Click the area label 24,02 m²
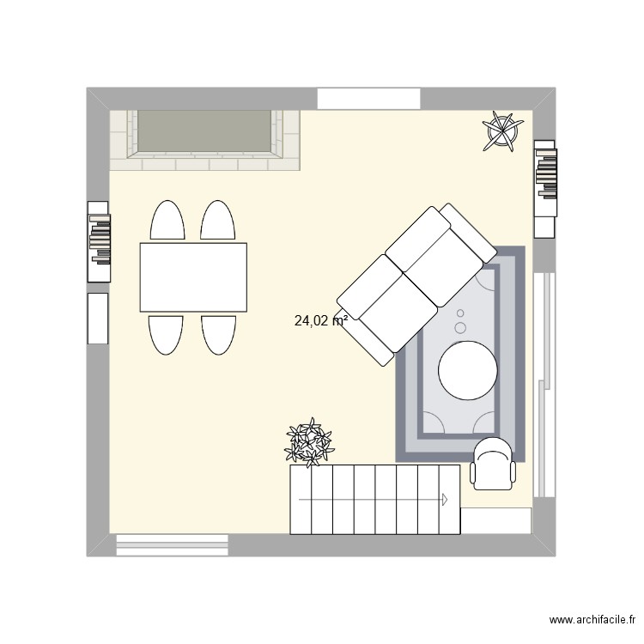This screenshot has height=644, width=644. pyautogui.click(x=319, y=322)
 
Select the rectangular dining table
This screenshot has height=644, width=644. pyautogui.click(x=193, y=277)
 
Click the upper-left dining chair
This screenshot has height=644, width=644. pyautogui.click(x=167, y=221)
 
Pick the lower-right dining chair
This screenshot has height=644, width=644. pyautogui.click(x=218, y=334)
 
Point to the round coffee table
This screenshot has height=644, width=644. pyautogui.click(x=467, y=371)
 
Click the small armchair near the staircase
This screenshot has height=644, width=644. pyautogui.click(x=494, y=464)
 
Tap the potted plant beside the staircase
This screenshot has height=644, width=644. pyautogui.click(x=309, y=443)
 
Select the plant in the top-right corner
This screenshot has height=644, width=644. pyautogui.click(x=501, y=131)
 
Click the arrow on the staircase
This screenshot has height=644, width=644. pyautogui.click(x=445, y=498)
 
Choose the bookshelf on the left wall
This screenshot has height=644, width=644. pyautogui.click(x=99, y=241)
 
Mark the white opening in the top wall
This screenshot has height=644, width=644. pyautogui.click(x=368, y=98)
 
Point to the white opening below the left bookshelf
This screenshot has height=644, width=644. pyautogui.click(x=98, y=318)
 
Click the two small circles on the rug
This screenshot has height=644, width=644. pyautogui.click(x=460, y=321)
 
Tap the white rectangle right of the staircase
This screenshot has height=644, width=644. pyautogui.click(x=495, y=520)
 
